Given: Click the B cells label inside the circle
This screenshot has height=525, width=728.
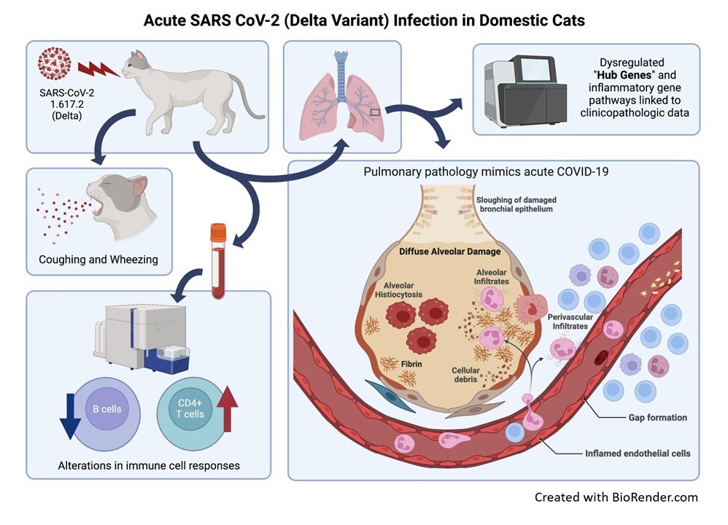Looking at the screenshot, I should coord(107,409).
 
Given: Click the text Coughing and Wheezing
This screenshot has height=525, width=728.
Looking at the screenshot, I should coord(98,260).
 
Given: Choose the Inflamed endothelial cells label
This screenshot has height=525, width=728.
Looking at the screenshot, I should coord(637,453).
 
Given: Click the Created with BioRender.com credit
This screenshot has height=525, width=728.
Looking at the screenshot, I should coord(616,497).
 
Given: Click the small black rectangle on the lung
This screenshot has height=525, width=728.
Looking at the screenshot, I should coord(374,112).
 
